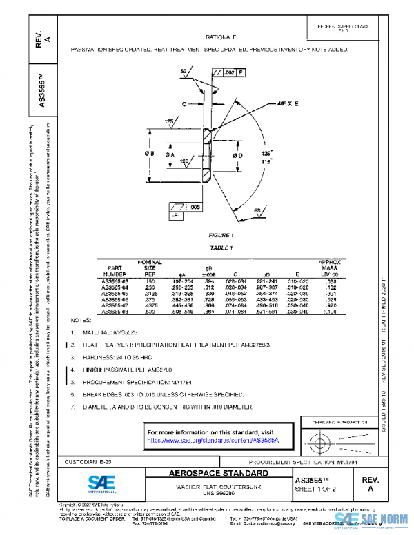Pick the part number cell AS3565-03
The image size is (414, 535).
pyautogui.click(x=115, y=281)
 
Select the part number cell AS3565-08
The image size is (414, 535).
pyautogui.click(x=115, y=312)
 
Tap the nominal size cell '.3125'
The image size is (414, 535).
pyautogui.click(x=149, y=293)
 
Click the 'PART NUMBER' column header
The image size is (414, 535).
pyautogui.click(x=115, y=271)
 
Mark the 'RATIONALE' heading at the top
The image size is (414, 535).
pyautogui.click(x=221, y=37)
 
